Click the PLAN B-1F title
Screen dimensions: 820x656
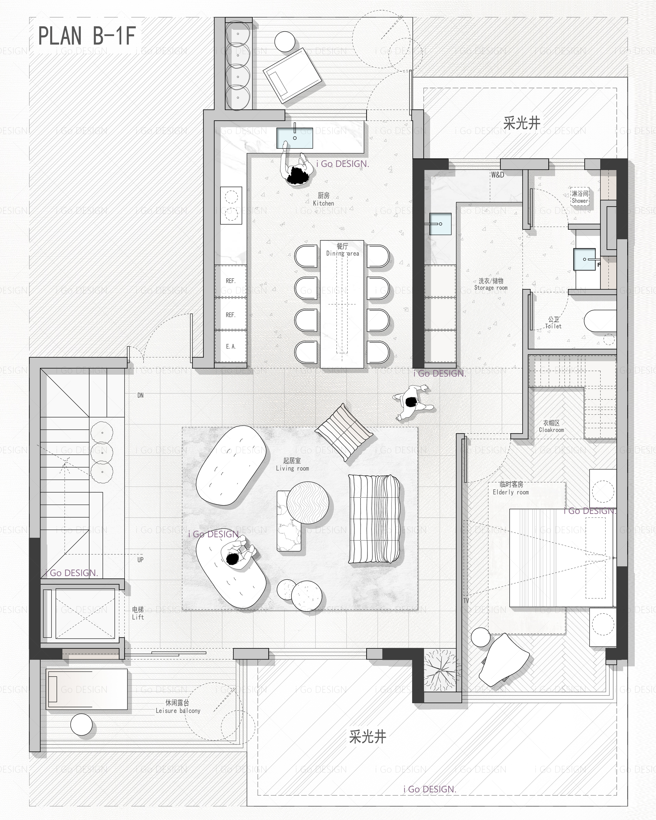click(87, 36)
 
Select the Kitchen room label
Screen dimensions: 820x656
click(324, 199)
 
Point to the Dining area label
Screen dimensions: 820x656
click(342, 250)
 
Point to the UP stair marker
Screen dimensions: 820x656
click(140, 560)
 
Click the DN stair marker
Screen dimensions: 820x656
click(140, 395)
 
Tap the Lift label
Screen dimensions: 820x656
click(138, 613)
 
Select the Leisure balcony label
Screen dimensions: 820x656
click(178, 707)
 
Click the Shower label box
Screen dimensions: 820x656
click(580, 197)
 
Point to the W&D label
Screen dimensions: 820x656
click(497, 175)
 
